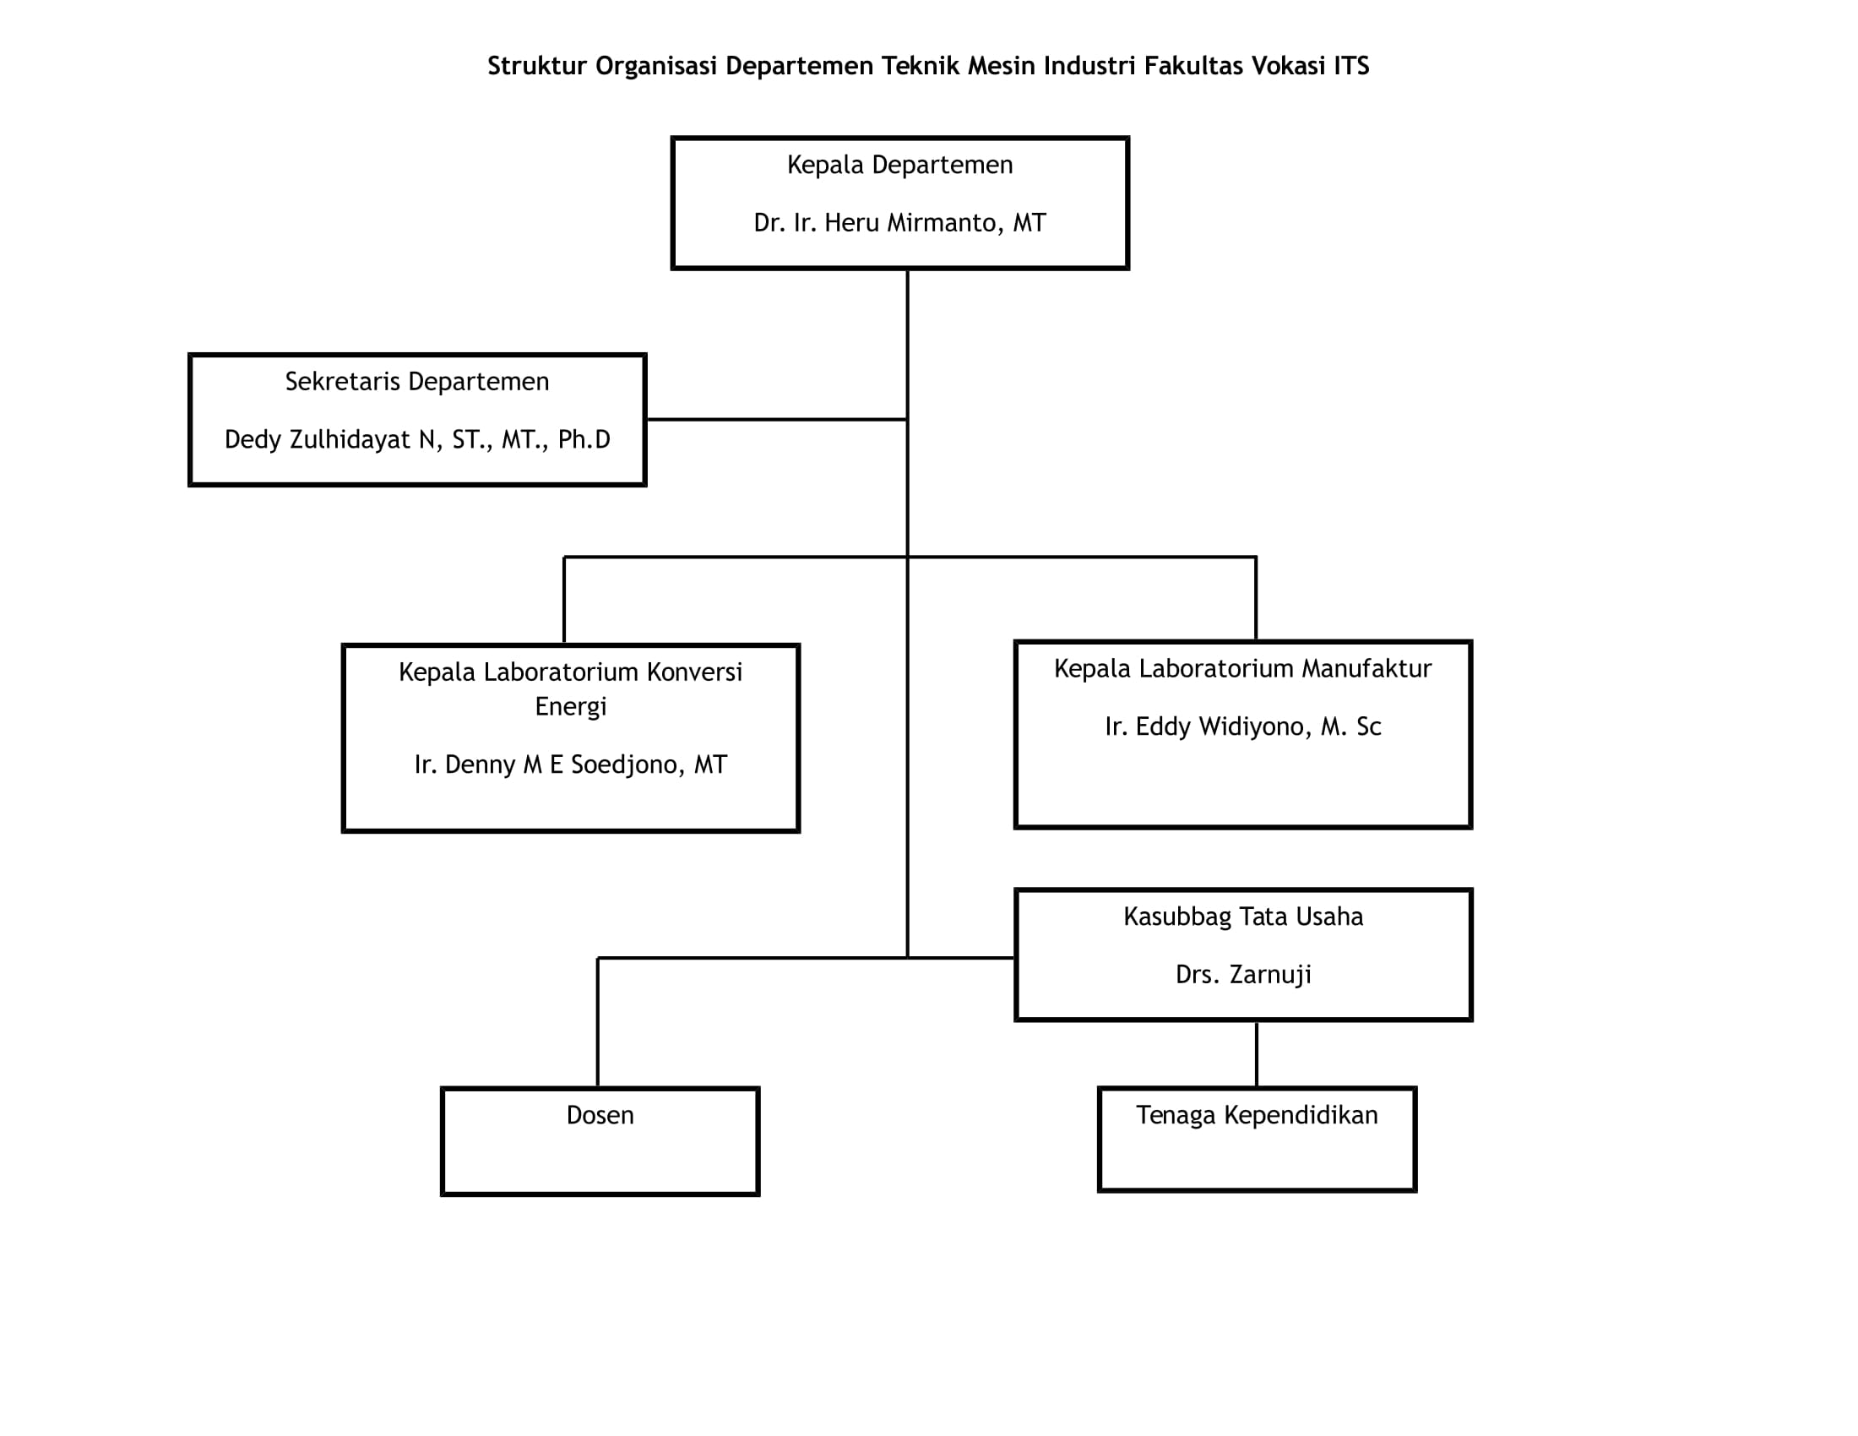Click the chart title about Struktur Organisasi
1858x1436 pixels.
(x=928, y=67)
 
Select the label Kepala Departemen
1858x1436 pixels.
(x=900, y=165)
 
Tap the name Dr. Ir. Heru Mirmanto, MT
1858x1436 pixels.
(x=900, y=223)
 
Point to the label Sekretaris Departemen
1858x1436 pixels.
(x=417, y=382)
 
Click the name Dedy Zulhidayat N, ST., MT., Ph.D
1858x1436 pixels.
(x=417, y=440)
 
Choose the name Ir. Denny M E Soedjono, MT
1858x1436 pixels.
(x=571, y=764)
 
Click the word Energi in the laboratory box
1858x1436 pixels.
(x=571, y=707)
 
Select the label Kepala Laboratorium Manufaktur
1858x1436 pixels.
(x=1243, y=669)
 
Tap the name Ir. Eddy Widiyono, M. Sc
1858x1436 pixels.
(x=1243, y=726)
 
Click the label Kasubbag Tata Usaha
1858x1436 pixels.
(x=1243, y=917)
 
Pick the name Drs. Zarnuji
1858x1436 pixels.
(x=1243, y=974)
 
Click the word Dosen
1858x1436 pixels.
(x=600, y=1115)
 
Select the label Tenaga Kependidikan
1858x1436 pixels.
(x=1257, y=1115)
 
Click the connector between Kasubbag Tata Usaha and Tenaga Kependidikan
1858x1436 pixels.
(x=1257, y=1053)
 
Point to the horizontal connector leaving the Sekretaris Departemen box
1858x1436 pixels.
(x=777, y=420)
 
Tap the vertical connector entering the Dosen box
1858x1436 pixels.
(x=598, y=1023)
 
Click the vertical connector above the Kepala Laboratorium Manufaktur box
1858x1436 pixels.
(x=1256, y=598)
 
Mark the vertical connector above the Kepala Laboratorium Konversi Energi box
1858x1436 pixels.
(x=564, y=601)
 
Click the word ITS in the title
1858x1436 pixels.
(x=1351, y=67)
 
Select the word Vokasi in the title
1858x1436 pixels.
(x=1287, y=67)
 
